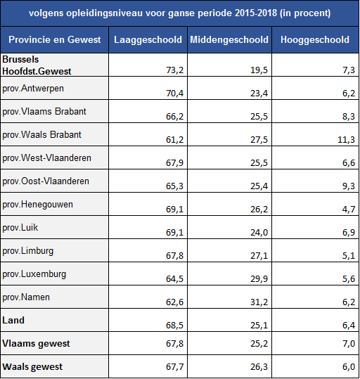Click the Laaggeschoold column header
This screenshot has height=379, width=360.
pos(148,39)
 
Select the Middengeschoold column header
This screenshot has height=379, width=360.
pos(229,39)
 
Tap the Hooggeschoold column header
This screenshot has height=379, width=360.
pos(315,39)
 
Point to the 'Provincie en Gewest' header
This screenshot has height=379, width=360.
pos(55,39)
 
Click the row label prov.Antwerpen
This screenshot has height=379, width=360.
pos(33,89)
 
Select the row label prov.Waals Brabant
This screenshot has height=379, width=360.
pos(41,134)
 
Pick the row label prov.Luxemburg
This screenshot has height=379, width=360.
pos(34,274)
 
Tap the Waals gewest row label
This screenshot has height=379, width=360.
pos(32,367)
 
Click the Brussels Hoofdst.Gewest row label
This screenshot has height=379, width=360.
pos(37,65)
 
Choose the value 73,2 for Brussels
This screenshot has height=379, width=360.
pos(175,70)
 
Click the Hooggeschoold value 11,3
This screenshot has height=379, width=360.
pos(346,140)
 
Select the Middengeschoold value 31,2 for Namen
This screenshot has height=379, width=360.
pos(259,302)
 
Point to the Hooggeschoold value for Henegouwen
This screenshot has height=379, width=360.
pos(349,210)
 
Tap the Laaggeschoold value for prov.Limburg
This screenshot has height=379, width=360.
pos(175,256)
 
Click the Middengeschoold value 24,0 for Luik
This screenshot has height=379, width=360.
pos(259,233)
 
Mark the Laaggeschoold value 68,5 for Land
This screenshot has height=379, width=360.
pos(175,326)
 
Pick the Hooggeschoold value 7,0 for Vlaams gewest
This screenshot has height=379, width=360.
pos(349,344)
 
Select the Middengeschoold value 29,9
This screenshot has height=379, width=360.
pos(259,279)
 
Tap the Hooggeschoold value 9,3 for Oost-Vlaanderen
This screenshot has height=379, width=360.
pos(349,186)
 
